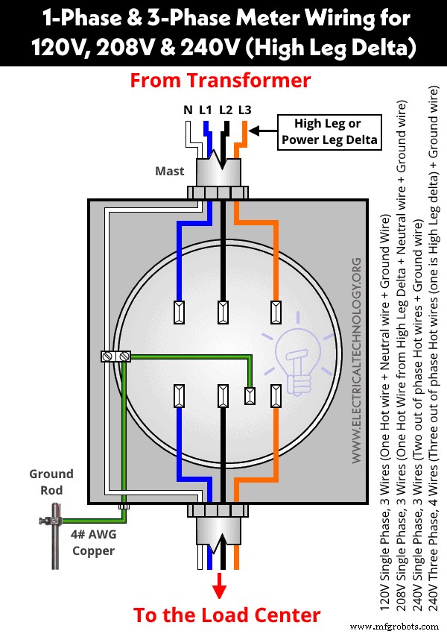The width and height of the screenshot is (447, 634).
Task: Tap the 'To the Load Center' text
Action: tap(226, 615)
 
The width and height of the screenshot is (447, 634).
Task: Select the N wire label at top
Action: tap(188, 110)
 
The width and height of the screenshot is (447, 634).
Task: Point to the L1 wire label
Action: tap(206, 110)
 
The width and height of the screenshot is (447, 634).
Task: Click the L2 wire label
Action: tap(226, 110)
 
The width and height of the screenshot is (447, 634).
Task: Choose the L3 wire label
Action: tap(244, 110)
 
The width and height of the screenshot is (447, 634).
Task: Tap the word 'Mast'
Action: tap(169, 171)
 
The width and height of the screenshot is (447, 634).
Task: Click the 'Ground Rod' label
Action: tap(51, 482)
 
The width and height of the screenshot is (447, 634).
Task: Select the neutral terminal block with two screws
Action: tap(115, 357)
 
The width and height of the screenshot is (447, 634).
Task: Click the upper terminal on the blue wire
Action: tap(179, 311)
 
